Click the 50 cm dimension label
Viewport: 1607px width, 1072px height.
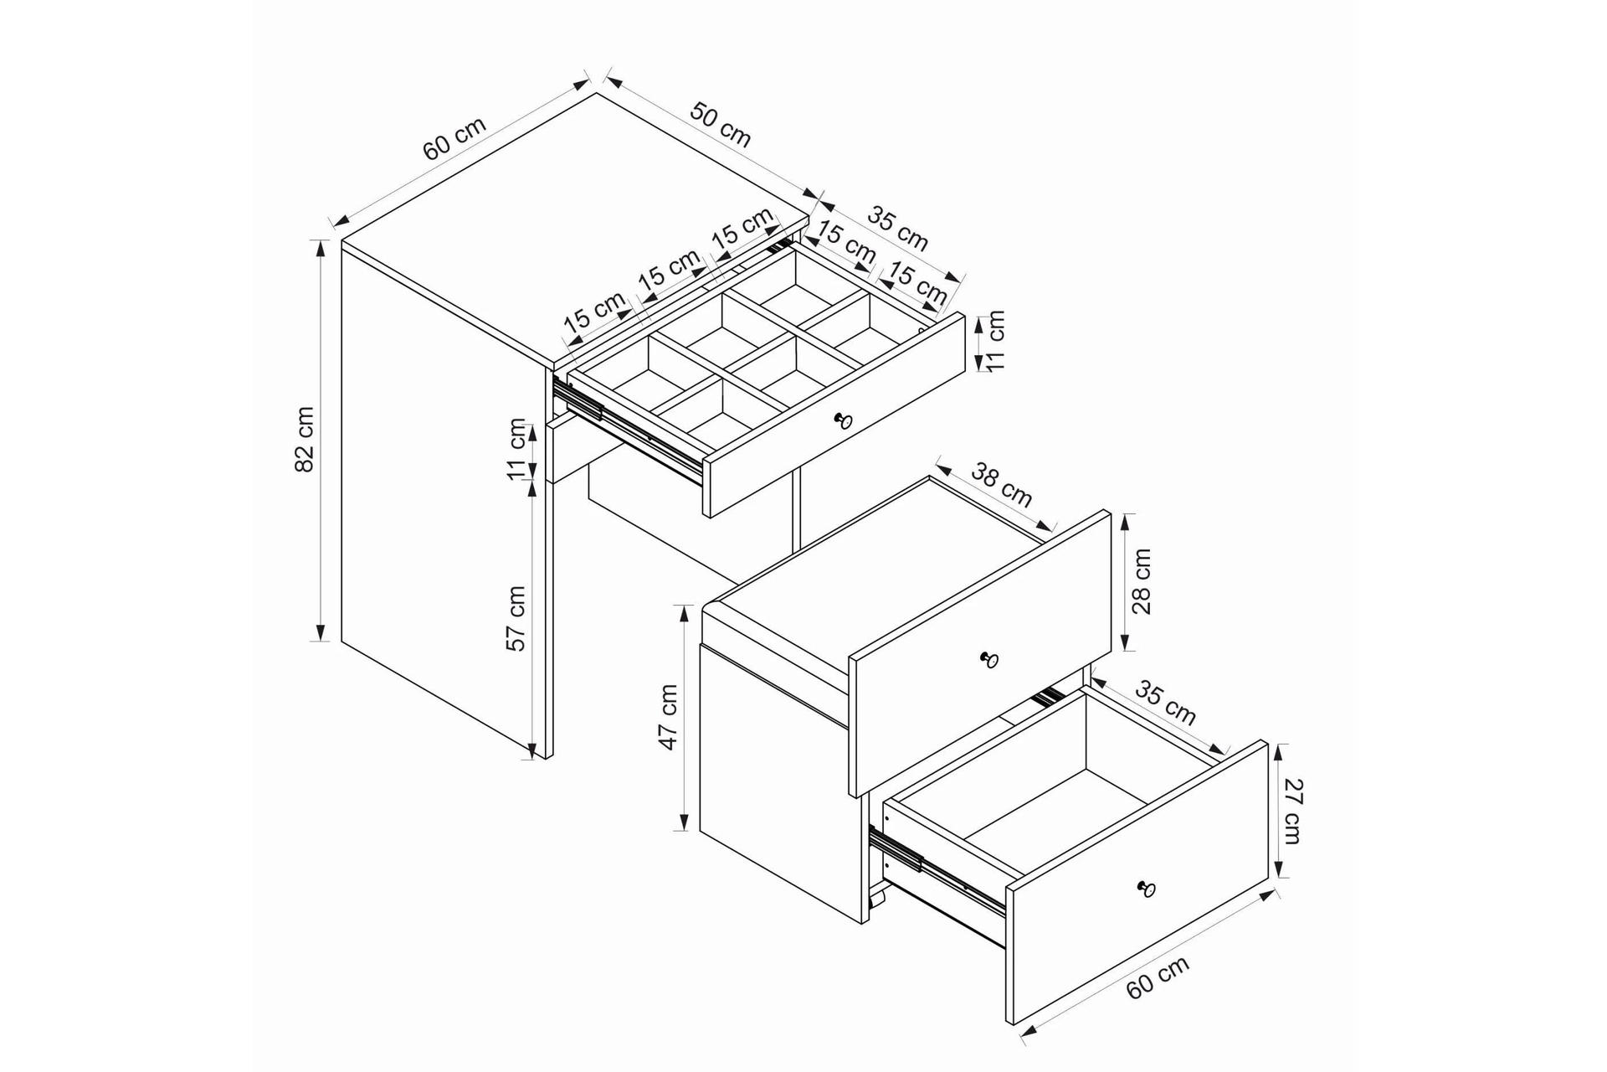click(721, 124)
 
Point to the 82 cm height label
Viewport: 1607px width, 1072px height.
click(305, 440)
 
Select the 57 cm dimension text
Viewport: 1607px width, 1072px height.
click(516, 618)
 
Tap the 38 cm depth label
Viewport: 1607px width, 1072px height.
click(1002, 485)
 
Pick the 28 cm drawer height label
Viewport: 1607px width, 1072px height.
click(1142, 581)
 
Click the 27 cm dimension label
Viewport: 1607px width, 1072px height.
click(1294, 811)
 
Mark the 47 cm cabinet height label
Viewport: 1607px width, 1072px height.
click(669, 717)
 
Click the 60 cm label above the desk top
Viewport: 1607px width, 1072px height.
click(454, 138)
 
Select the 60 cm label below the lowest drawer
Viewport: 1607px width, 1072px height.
click(1158, 977)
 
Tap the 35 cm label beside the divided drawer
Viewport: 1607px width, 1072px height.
click(897, 229)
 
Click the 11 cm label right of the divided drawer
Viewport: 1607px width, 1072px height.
click(995, 341)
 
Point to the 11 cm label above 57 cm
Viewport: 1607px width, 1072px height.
click(518, 450)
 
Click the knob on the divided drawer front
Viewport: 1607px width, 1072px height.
click(843, 420)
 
